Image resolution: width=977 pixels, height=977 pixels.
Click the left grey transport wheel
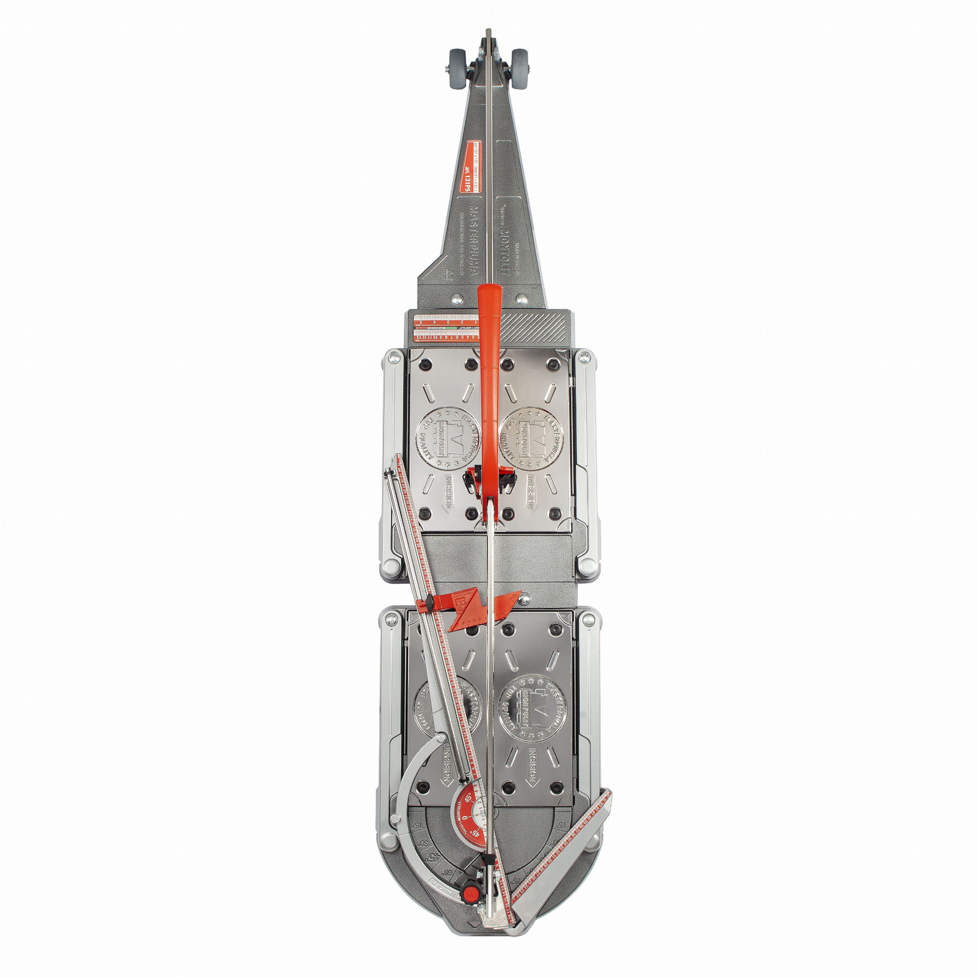[457, 62]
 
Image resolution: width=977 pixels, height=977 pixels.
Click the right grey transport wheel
[520, 62]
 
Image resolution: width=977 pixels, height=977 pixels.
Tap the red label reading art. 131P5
[470, 167]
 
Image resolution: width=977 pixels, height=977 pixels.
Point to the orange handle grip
[488, 366]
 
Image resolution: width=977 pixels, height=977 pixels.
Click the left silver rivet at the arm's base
[455, 299]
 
